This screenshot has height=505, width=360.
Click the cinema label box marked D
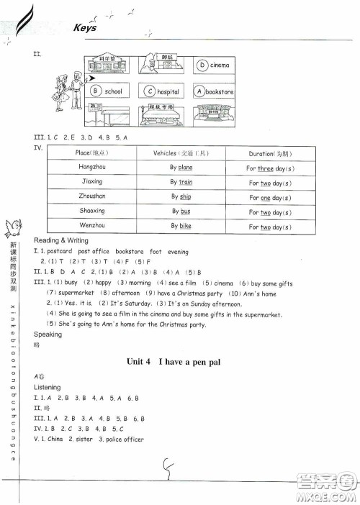pos(214,65)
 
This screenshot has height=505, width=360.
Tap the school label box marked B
pos(108,92)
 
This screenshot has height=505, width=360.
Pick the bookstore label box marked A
pos(214,92)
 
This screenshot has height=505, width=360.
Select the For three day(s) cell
pos(270,168)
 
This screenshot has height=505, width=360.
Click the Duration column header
pos(270,153)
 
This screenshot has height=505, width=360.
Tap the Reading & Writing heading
pos(61,240)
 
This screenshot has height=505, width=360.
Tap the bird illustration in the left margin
pos(14,228)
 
